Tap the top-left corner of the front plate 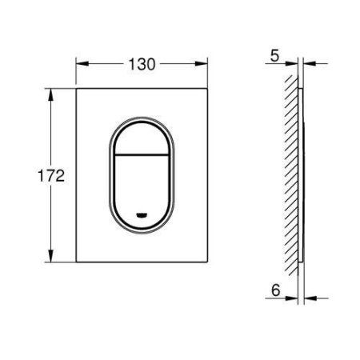pyautogui.click(x=78, y=90)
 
